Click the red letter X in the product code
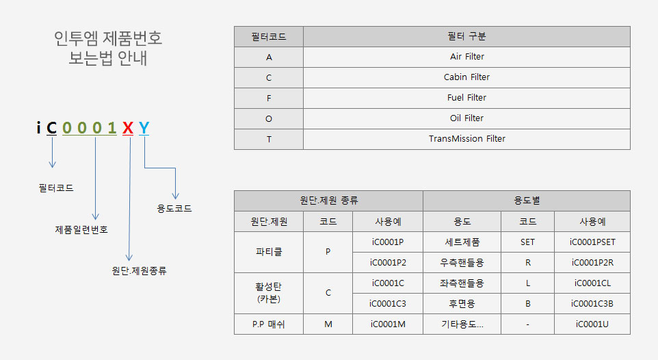[x=128, y=128]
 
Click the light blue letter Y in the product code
[x=144, y=128]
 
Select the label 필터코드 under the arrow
[x=56, y=188]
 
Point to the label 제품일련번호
[x=81, y=229]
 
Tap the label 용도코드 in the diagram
[x=174, y=208]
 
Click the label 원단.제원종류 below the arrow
[x=140, y=270]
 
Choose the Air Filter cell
[x=467, y=57]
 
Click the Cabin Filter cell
[x=466, y=77]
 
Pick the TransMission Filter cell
[x=467, y=139]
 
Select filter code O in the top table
[x=269, y=119]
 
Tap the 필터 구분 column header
[x=466, y=36]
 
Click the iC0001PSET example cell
[x=592, y=242]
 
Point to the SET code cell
[x=527, y=242]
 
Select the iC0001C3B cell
[x=592, y=304]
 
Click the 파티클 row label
[x=269, y=252]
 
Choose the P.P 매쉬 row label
[x=269, y=324]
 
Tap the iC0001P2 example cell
[x=388, y=263]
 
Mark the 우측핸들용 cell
[x=462, y=263]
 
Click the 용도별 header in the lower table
[x=527, y=201]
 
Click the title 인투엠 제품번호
[x=108, y=38]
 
